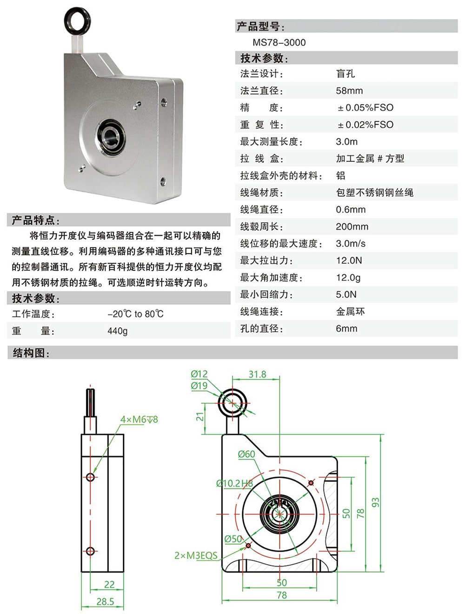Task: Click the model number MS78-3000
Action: coord(279,42)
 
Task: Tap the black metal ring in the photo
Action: coord(76,21)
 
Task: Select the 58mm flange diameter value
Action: coord(349,91)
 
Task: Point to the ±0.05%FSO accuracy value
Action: coord(365,108)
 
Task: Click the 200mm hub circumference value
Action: coord(352,227)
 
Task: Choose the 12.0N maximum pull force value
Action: coord(349,260)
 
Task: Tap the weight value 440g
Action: coord(117,331)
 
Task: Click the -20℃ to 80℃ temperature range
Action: coord(135,314)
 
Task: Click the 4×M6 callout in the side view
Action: coord(139,420)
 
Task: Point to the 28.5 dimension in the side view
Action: coord(105,601)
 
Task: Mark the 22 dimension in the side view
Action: coord(109,585)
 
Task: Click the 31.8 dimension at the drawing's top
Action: coord(257,374)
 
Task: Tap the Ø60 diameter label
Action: coord(246,454)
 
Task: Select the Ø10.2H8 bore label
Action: coord(235,483)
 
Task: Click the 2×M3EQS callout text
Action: coord(196,555)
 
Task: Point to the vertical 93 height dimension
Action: coord(375,502)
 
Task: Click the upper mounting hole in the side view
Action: coord(91,477)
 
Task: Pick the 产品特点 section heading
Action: coord(35,220)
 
